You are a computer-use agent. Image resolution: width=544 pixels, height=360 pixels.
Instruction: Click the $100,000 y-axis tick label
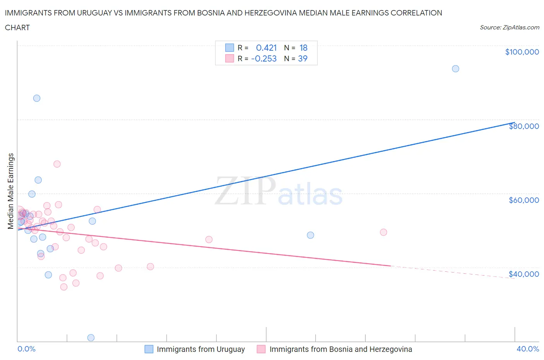tap(522, 52)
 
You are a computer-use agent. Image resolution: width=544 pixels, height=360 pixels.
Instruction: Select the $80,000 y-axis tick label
tap(524, 126)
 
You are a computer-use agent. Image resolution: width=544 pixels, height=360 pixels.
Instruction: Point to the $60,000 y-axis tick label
tap(524, 200)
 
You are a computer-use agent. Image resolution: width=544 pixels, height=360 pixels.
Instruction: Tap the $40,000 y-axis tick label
tap(524, 274)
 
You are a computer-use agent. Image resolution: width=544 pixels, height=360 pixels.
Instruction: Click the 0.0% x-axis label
tap(26, 349)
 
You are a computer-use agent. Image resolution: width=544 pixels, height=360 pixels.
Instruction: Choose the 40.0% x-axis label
tap(528, 349)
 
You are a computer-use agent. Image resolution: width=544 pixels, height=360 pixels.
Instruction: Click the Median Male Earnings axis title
tap(11, 191)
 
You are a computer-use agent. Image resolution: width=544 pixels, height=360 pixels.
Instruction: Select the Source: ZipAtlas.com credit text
tap(509, 27)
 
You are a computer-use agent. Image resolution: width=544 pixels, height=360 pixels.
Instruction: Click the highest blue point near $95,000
tap(455, 69)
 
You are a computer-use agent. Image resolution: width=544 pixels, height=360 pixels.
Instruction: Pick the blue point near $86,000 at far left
tap(37, 98)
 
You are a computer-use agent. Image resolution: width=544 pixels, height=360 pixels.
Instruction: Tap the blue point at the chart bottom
tap(91, 338)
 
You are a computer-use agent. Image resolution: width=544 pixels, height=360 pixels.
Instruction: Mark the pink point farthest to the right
tap(383, 232)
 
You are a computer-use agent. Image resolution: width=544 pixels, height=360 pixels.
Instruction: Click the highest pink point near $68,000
tap(57, 164)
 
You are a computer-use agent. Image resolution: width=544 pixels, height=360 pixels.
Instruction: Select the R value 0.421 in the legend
tap(266, 48)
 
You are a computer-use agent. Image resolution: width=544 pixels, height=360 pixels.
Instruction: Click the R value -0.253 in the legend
tap(264, 58)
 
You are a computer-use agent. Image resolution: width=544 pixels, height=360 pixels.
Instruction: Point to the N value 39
tap(303, 58)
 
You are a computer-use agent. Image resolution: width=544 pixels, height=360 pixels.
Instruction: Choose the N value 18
tap(303, 48)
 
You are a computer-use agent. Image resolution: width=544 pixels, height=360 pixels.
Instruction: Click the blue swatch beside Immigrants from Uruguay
tap(149, 349)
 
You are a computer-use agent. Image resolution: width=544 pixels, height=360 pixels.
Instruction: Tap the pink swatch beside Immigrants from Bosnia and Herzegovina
tap(261, 349)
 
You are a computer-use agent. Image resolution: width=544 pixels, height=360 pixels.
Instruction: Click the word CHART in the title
tap(17, 27)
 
